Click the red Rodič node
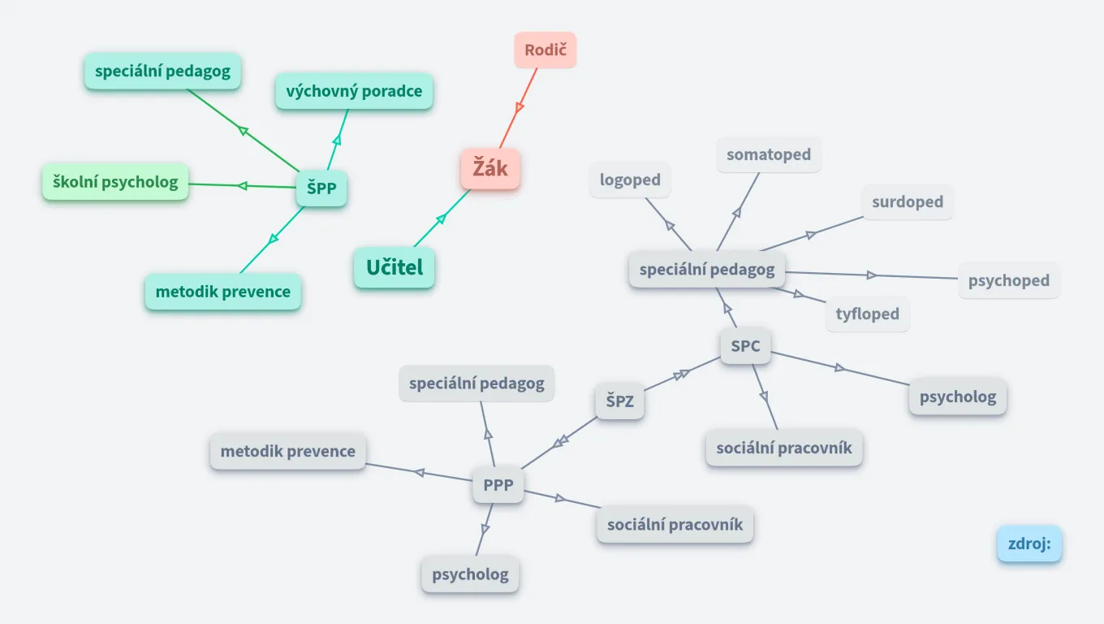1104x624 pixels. tap(545, 50)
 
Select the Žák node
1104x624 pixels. tap(490, 170)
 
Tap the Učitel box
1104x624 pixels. tap(395, 267)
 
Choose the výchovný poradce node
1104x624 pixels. tap(354, 91)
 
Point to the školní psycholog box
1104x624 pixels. tap(115, 182)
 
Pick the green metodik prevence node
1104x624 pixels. tap(223, 292)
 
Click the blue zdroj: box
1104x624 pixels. tap(1029, 544)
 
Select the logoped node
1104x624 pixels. tap(630, 180)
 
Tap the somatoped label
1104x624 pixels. tap(769, 154)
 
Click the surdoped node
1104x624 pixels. tap(908, 201)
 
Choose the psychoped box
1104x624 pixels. tap(1009, 280)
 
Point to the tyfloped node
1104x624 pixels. tap(868, 314)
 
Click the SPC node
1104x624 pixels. tap(745, 346)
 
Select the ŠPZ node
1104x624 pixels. tap(619, 401)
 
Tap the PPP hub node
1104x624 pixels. tap(498, 485)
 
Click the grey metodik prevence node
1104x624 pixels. tap(288, 451)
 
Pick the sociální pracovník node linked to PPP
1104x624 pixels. tap(675, 524)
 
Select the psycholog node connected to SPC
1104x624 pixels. tap(958, 396)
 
